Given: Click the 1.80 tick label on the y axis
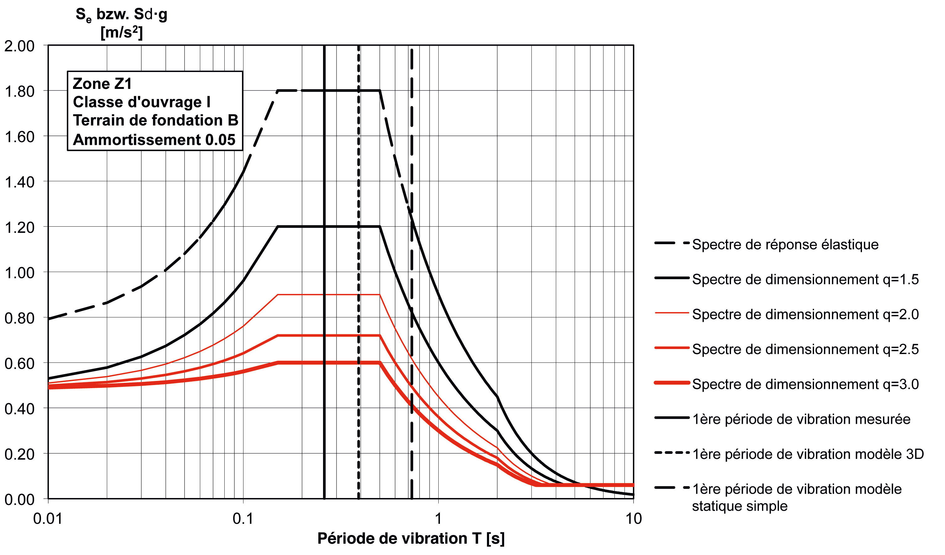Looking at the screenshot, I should point(19,91).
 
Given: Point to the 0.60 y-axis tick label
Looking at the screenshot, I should point(19,363).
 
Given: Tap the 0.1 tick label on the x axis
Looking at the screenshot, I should point(243,519).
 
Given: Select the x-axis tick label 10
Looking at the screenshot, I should point(633,519).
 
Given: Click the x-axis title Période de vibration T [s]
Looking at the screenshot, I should point(411,538).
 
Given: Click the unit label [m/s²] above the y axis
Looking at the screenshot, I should point(122,33).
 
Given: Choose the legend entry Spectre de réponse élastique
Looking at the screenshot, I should point(785,245).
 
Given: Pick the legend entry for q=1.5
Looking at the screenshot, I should point(805,280).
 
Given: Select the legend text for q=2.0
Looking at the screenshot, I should point(805,314).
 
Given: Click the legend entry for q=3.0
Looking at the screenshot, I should point(805,384).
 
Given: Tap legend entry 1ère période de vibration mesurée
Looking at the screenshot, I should point(801,419).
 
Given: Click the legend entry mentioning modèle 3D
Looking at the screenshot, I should point(808,454).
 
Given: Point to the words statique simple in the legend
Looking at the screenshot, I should point(739,506).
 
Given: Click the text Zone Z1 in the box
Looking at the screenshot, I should point(102,84).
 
